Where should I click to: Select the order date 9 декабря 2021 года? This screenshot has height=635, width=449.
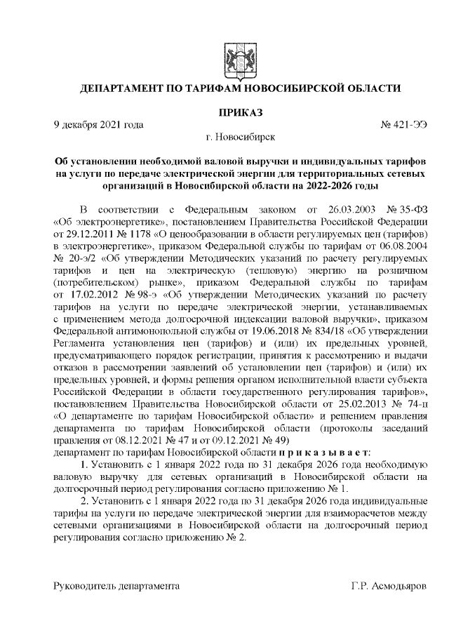click(x=99, y=125)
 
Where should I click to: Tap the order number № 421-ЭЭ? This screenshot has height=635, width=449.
click(x=403, y=125)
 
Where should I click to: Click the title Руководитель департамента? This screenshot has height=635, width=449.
click(x=116, y=584)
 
